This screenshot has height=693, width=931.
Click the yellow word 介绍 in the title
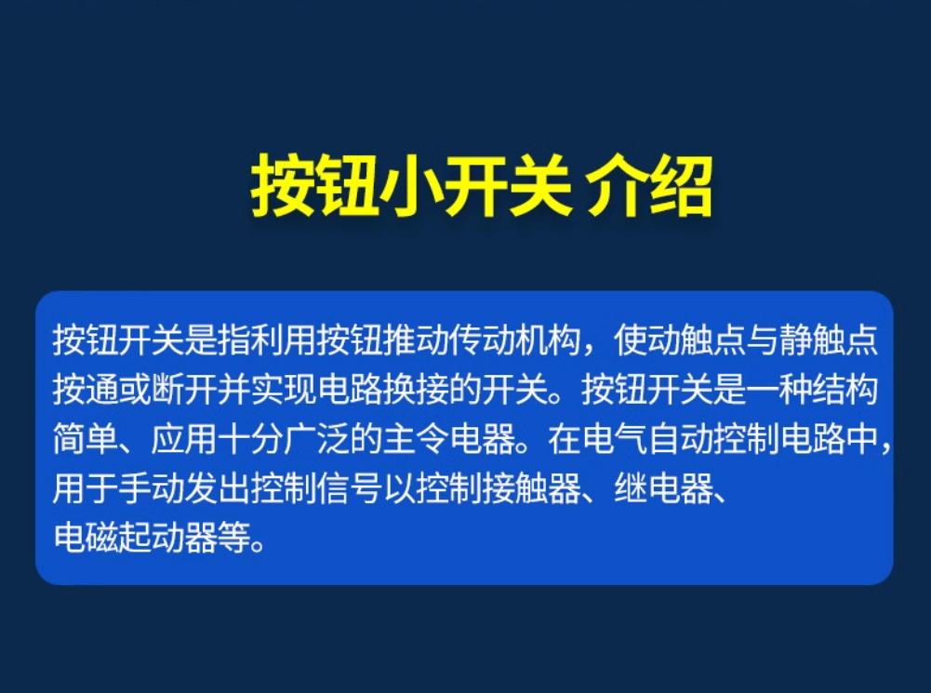(649, 187)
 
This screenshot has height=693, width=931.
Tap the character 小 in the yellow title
(410, 187)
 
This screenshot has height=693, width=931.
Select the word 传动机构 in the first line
(514, 340)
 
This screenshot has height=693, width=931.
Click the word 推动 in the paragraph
(417, 340)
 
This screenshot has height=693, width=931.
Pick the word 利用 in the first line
(284, 340)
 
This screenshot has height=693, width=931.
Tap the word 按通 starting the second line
(86, 390)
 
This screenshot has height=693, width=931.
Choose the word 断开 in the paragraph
(185, 390)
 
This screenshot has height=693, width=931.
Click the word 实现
(284, 390)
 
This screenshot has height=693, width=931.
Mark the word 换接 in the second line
(417, 390)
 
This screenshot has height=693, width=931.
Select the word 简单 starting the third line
(86, 439)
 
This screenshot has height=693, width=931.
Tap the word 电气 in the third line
(614, 439)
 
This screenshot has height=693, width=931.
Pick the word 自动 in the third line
(680, 439)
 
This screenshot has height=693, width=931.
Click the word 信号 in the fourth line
(350, 488)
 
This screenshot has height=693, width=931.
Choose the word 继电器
(663, 488)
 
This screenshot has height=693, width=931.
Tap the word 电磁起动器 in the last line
(135, 538)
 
